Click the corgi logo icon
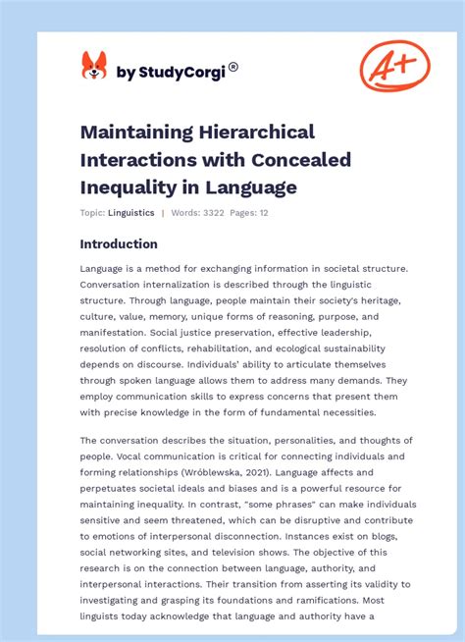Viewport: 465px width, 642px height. click(93, 67)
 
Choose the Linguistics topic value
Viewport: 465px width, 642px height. click(130, 213)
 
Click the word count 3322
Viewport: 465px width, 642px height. click(211, 213)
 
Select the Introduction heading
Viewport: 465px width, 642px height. click(119, 244)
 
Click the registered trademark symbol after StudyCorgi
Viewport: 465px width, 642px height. click(232, 68)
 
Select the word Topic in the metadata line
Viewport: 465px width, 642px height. click(91, 213)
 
